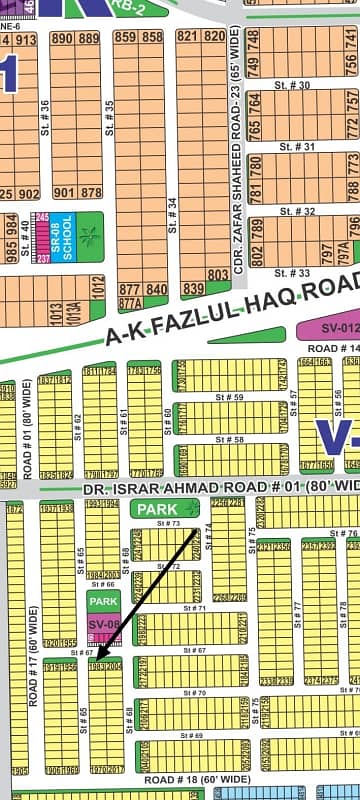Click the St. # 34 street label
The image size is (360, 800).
[x=172, y=236]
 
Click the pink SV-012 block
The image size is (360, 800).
[x=329, y=328]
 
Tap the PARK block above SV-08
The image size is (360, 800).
[x=102, y=602]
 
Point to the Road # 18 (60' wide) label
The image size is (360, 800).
[x=196, y=778]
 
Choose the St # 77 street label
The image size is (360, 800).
[x=297, y=610]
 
